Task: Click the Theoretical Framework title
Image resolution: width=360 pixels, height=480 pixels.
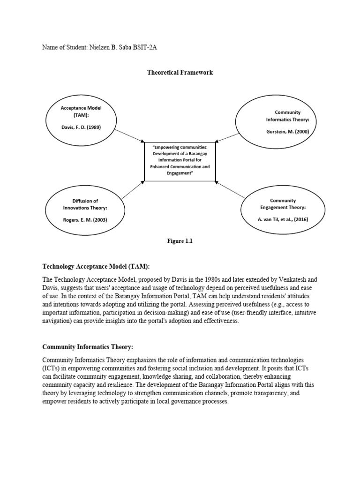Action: pos(180,73)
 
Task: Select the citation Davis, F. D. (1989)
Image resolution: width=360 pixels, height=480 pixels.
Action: pos(81,127)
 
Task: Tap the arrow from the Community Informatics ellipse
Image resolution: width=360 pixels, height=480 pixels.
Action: pos(228,135)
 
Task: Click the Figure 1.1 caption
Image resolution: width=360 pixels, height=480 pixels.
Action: pos(180,241)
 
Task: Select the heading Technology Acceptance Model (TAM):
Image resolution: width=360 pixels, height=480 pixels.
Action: pos(96,266)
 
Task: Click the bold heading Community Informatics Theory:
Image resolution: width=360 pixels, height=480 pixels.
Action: pos(88,347)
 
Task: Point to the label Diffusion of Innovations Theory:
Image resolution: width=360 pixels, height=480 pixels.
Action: pos(85,204)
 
